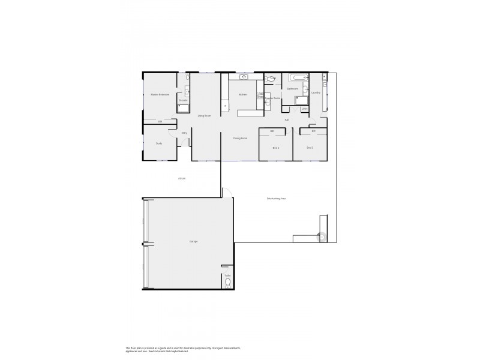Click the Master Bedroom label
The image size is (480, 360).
(x=160, y=95)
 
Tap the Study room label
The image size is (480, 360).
(x=159, y=143)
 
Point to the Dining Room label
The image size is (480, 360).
(x=241, y=139)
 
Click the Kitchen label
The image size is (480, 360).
(x=243, y=95)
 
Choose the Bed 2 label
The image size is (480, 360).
(x=276, y=148)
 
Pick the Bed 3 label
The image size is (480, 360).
(x=310, y=148)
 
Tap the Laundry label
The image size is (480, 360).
(x=316, y=93)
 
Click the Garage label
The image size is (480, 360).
(x=194, y=241)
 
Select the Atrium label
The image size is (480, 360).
(x=181, y=179)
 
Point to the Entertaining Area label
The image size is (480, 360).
(x=276, y=199)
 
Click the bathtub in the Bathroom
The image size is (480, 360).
(x=298, y=78)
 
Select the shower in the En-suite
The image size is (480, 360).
(x=183, y=108)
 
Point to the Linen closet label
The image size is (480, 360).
(x=305, y=109)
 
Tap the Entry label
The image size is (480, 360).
(x=184, y=133)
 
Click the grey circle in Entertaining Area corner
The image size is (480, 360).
(x=322, y=237)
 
